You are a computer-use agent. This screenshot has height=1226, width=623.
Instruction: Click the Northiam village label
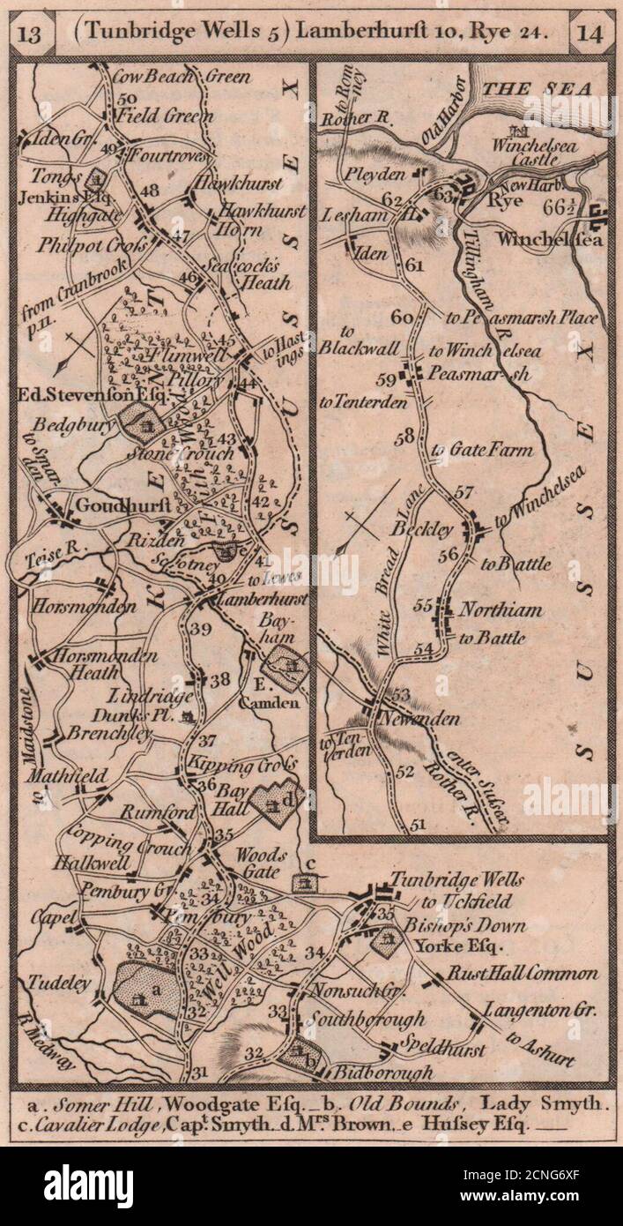[x=502, y=609]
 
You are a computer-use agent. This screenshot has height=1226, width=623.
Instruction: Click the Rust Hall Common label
[x=523, y=974]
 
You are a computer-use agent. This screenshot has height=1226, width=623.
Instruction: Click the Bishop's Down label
[x=466, y=925]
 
